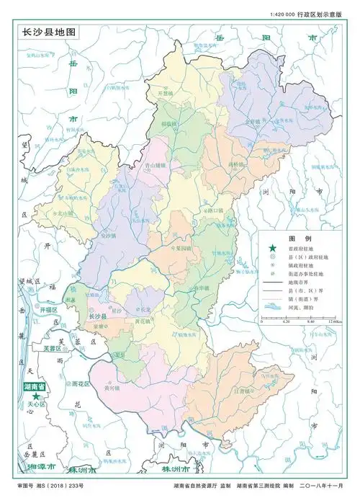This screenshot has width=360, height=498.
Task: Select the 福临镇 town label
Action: point(169,124)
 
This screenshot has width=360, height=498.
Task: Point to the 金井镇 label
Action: point(254,122)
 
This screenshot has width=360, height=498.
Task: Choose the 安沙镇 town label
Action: point(108,235)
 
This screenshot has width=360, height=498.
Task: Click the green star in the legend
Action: point(273,250)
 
